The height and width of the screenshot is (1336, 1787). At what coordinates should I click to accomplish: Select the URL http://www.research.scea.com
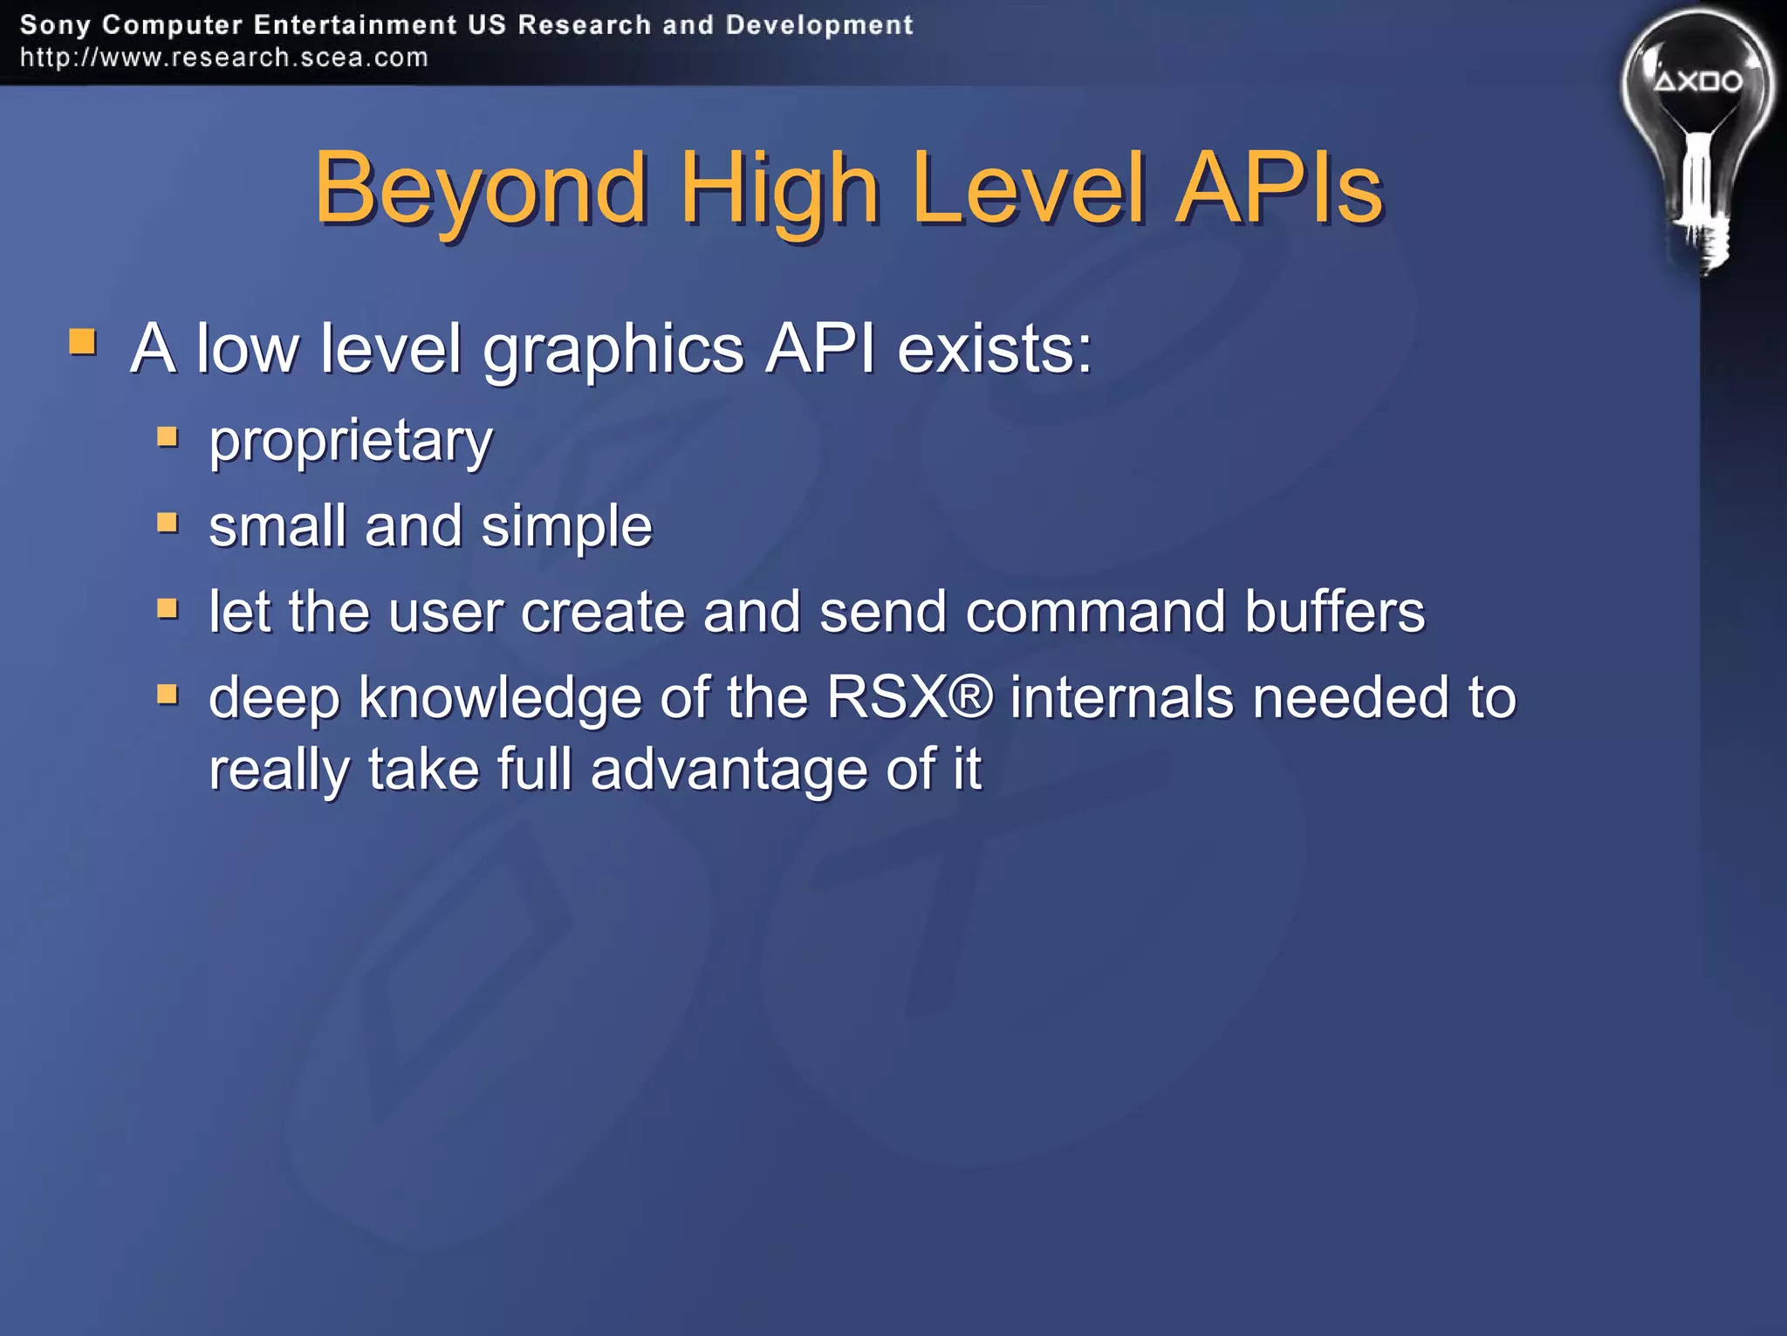(224, 58)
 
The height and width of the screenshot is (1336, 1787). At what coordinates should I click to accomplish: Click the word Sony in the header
(54, 24)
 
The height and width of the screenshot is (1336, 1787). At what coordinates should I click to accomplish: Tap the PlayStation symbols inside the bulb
(1698, 82)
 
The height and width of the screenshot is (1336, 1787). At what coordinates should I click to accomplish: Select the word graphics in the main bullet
(613, 350)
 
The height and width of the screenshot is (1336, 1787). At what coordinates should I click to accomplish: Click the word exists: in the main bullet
(995, 348)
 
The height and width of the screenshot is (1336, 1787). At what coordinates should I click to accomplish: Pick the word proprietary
(351, 441)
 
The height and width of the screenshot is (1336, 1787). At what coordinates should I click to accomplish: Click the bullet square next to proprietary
(168, 435)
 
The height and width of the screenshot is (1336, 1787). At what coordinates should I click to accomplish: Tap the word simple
(566, 526)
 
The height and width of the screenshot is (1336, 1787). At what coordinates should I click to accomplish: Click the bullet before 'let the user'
(168, 607)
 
